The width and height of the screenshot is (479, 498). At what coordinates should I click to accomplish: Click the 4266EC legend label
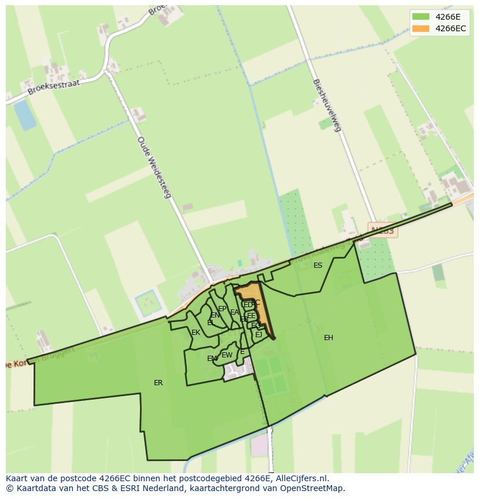pos(451,28)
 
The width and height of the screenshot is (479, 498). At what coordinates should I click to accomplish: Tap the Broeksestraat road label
pos(53,87)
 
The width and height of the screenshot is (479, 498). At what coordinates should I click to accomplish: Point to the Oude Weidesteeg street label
pos(154,167)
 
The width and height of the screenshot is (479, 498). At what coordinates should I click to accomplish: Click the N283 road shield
pos(382,231)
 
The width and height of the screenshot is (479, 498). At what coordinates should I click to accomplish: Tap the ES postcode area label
pos(318,265)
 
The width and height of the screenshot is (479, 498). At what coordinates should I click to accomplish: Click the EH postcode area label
pos(329,338)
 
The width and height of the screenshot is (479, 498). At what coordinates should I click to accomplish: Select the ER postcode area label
pos(158,383)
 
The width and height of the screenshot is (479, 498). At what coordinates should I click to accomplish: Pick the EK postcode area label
pos(196,333)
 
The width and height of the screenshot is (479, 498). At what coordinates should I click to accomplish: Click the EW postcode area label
pos(227,355)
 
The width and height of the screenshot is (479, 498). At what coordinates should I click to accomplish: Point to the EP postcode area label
pos(222,309)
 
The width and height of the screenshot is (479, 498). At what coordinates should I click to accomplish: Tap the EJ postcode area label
pos(259,335)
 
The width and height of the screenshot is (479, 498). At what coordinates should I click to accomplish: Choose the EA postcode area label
pos(234,312)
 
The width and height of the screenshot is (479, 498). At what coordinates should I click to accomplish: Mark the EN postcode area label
pos(215,315)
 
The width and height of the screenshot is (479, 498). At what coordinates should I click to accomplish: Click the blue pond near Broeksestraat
pos(25,115)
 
